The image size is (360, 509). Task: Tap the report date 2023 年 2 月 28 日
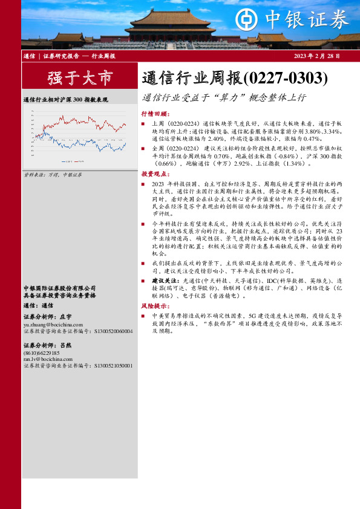click(x=316, y=56)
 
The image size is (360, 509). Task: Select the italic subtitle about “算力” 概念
click(x=224, y=97)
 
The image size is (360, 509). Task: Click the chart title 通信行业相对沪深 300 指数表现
click(x=65, y=99)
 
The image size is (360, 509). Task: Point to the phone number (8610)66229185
click(x=42, y=352)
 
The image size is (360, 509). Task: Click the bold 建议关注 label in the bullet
click(x=164, y=281)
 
